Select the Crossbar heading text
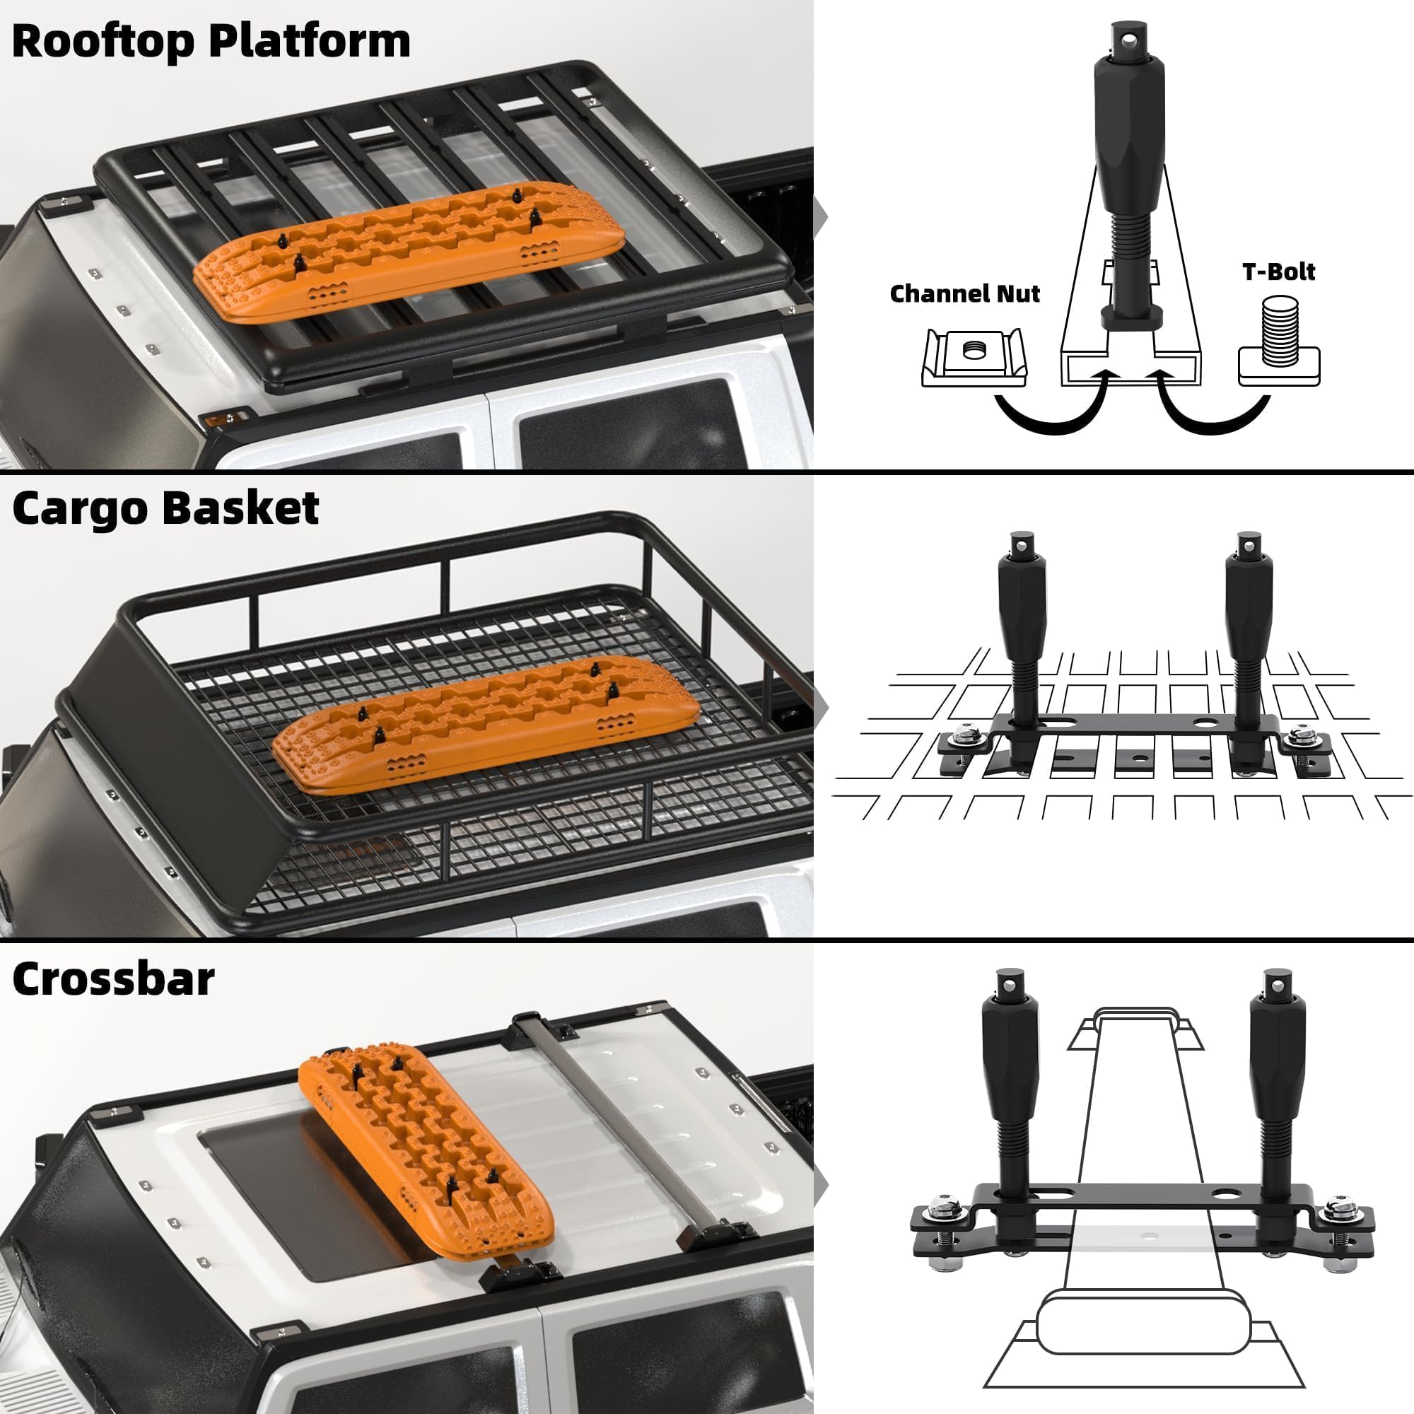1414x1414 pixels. [x=113, y=978]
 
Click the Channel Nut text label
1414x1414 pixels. [x=964, y=293]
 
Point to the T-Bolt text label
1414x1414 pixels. [x=1278, y=271]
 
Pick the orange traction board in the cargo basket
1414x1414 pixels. [x=483, y=721]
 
